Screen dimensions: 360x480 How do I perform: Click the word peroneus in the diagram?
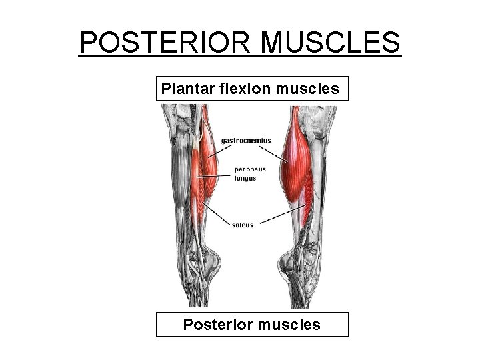250,169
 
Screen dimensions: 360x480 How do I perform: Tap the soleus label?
243,225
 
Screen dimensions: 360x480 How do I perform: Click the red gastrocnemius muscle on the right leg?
297,150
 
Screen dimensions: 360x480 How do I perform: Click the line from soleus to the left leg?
219,215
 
